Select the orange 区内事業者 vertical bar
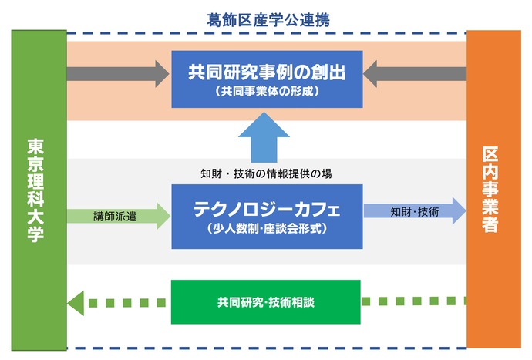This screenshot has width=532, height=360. [493, 190]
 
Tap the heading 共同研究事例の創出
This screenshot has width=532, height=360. [267, 72]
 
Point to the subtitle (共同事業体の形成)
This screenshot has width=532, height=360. [267, 91]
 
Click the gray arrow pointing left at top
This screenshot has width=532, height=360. [416, 74]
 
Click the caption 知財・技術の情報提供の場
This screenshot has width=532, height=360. [266, 173]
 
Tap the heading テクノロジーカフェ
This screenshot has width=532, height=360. [267, 209]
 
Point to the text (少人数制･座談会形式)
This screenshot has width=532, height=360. [267, 229]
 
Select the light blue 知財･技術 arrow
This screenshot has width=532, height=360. [415, 210]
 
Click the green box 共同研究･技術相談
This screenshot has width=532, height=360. [265, 301]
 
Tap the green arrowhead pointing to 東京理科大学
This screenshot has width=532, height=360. [76, 301]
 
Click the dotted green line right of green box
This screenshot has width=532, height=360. [413, 301]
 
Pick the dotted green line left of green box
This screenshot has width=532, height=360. [127, 301]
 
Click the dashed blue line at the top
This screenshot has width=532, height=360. [267, 34]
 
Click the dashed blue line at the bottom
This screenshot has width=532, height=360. [267, 348]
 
